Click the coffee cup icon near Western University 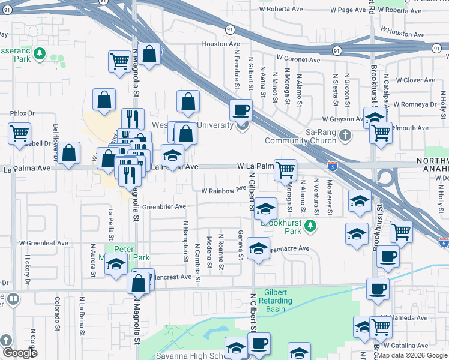[x=241, y=110]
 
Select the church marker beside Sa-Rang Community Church [x=345, y=136]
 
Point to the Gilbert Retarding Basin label [x=282, y=300]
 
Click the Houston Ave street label [x=220, y=44]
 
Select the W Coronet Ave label [x=298, y=60]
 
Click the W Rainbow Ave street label [x=223, y=190]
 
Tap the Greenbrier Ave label [x=164, y=206]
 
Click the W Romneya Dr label [x=415, y=104]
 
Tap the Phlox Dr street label [x=23, y=113]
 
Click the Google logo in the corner [x=20, y=353]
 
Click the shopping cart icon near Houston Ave [x=119, y=61]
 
